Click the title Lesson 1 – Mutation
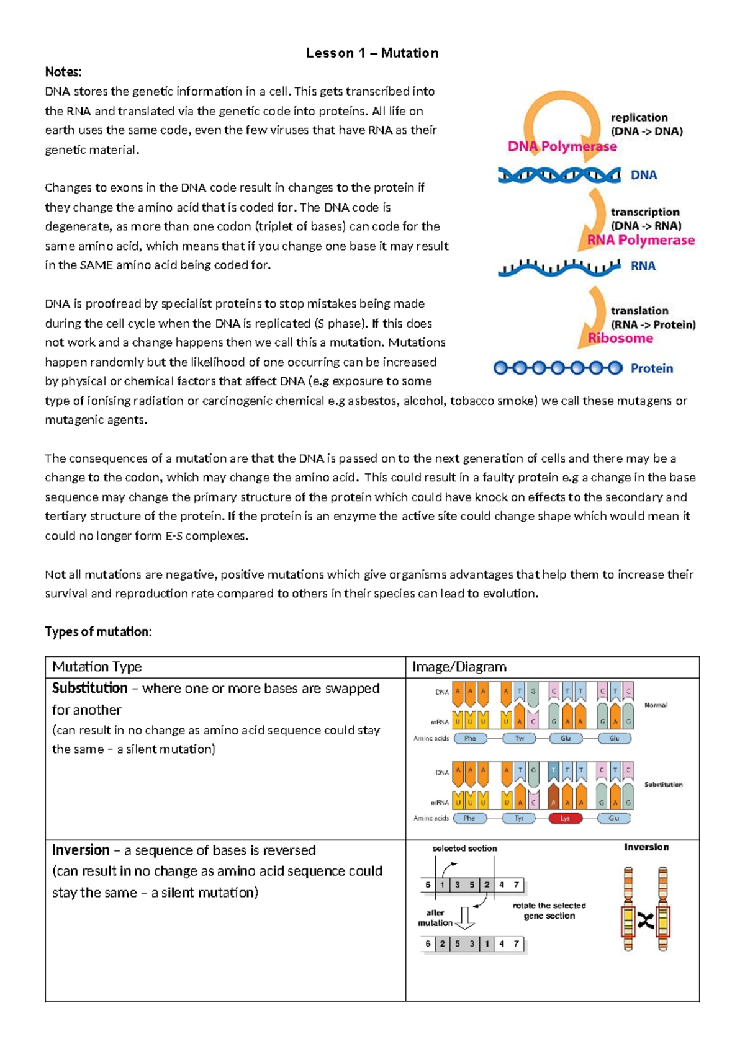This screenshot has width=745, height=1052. [372, 53]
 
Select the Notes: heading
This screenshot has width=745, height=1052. [63, 72]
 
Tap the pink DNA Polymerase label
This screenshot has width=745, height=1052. [562, 147]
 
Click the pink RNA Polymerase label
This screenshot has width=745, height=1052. [641, 240]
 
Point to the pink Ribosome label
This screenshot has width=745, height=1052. [620, 339]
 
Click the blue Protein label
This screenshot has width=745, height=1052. [651, 368]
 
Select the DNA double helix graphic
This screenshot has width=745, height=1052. [559, 176]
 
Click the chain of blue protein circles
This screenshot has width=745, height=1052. [558, 368]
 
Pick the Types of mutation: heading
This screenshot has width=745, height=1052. [98, 631]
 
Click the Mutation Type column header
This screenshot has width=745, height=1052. [97, 667]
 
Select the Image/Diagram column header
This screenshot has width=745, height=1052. [459, 667]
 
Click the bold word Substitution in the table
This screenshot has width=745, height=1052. [90, 688]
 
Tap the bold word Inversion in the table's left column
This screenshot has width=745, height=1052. [81, 850]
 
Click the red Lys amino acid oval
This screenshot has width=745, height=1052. [565, 818]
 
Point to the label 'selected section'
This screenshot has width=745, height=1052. [464, 849]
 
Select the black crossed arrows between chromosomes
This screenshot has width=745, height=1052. [646, 921]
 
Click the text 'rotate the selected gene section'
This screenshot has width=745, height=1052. [549, 911]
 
